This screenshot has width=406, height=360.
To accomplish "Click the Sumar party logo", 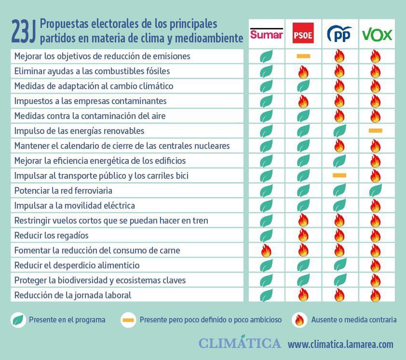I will tap(267, 34).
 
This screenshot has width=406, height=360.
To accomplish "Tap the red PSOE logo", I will tap(303, 34).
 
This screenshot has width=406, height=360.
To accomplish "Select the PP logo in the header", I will tap(339, 34).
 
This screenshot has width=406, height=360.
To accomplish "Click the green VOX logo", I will tap(377, 34).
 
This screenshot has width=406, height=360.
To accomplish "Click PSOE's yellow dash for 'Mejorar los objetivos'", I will tap(303, 56).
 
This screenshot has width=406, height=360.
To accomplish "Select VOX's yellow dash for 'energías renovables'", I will tap(375, 131).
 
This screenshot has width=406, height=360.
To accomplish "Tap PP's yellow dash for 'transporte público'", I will tap(339, 175).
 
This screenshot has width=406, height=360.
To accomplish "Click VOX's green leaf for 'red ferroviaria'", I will tap(375, 191).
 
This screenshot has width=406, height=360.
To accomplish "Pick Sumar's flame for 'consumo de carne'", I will tap(266, 251).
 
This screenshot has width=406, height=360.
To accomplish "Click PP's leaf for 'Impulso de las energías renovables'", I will tap(339, 131).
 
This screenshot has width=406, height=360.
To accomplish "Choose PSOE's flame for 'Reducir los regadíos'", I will tap(303, 236).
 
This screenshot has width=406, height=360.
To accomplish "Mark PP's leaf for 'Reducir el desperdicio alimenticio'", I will tap(339, 265).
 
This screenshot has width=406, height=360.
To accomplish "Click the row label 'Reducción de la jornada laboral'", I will tap(73, 295).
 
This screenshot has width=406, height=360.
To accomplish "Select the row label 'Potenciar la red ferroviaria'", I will tap(63, 191).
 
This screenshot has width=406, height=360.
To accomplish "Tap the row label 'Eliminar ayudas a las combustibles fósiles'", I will tap(92, 71).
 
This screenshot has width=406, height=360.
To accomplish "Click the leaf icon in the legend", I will tap(18, 320).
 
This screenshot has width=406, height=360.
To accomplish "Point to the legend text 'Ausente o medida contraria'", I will tap(354, 320).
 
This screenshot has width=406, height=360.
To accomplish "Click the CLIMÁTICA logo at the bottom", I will tap(240, 343).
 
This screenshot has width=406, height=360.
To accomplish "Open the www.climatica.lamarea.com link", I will tap(340, 344).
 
